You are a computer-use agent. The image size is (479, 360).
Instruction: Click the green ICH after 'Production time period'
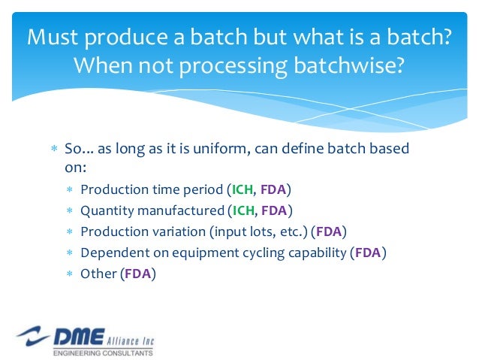[241, 189]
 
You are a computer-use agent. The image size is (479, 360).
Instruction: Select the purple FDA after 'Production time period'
[274, 189]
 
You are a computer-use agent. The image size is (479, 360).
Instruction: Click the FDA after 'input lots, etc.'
[330, 231]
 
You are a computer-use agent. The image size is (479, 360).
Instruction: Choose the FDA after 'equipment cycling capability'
[368, 253]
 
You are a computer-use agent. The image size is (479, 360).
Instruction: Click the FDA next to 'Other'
[137, 274]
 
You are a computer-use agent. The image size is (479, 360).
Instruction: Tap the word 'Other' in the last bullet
[98, 274]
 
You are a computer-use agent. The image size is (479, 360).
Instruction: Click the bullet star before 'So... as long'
[54, 149]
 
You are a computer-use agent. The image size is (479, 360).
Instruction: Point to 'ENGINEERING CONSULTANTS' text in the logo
[103, 352]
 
